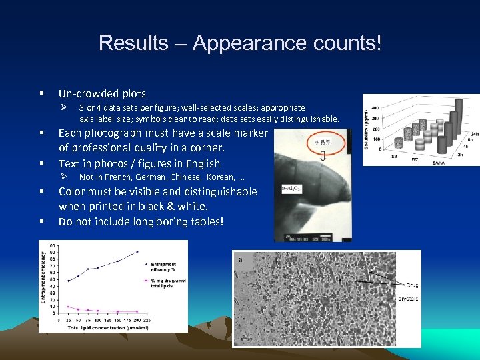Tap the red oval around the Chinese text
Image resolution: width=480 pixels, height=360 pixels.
pos(327,141)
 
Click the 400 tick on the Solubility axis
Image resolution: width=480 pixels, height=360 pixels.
pos(375,107)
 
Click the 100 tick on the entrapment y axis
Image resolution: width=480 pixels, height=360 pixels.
pos(51,246)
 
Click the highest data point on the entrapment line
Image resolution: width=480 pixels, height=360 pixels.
pos(137,252)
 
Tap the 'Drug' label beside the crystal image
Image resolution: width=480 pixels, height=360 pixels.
pos(406,283)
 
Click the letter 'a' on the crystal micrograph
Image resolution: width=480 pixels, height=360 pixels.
pos(239,259)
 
